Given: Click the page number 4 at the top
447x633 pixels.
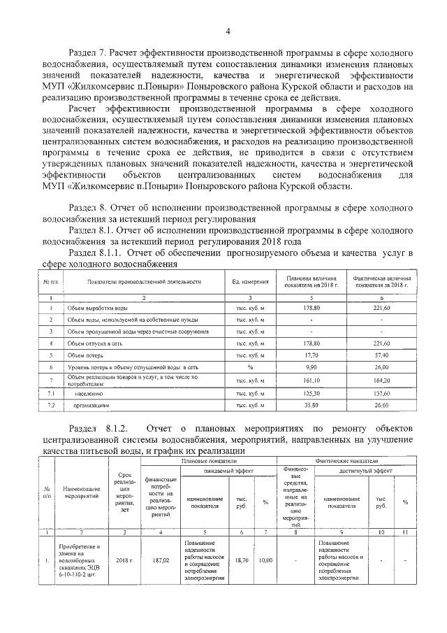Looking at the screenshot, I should (x=228, y=31).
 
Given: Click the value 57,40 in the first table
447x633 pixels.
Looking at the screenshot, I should (x=381, y=355).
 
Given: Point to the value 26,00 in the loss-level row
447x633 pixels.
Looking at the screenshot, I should (x=381, y=367).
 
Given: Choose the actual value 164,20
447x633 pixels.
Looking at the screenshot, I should (x=381, y=380).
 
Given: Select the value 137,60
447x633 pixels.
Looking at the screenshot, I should (x=381, y=393).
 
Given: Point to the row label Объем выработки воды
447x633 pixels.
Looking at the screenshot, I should (x=96, y=308).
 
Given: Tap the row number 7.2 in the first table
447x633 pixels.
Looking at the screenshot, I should (x=50, y=405).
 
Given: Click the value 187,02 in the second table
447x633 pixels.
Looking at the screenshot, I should (x=162, y=560).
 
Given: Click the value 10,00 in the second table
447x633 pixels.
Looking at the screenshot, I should (x=265, y=560).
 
